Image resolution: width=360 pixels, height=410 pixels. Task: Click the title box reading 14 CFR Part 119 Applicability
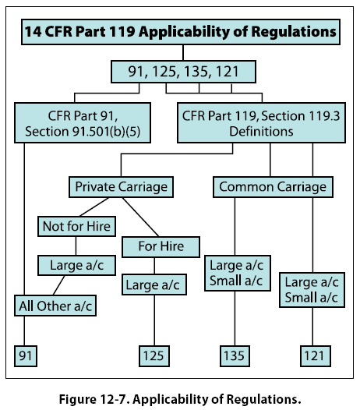181,32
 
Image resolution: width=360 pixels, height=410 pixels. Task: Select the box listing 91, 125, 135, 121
183,72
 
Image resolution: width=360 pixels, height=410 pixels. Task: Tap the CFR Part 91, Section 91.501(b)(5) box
83,122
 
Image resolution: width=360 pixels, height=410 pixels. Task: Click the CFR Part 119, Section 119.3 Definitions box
261,122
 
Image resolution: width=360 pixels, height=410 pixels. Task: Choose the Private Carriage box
121,187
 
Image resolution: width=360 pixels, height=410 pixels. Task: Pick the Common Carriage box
273,187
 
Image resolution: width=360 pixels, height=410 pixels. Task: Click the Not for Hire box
76,227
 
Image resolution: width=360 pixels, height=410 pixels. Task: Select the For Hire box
161,247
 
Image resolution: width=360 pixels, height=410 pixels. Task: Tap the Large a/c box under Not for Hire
76,265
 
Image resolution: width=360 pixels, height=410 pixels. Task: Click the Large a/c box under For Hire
154,285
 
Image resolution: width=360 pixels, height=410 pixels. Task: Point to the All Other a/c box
55,306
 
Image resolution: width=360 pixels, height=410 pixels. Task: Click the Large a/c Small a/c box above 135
238,274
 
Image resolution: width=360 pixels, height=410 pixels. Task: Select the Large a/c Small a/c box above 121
312,290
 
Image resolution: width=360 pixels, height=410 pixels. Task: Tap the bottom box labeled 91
26,356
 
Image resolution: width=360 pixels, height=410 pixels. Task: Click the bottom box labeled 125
154,356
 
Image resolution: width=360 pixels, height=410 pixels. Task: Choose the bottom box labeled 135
235,356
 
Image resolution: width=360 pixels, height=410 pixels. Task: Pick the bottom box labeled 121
316,356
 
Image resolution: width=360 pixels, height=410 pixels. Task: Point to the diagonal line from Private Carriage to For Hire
141,217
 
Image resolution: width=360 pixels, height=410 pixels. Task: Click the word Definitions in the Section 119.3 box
261,131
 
